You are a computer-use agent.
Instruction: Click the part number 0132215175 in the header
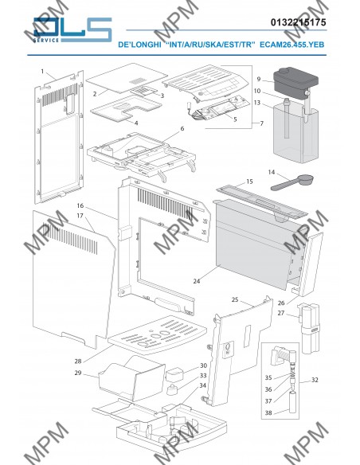pyautogui.click(x=298, y=22)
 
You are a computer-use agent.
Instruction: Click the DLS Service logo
pyautogui.click(x=72, y=30)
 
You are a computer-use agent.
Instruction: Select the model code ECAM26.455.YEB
pyautogui.click(x=292, y=45)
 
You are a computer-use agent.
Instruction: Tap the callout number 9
pyautogui.click(x=259, y=79)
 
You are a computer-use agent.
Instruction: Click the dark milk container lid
pyautogui.click(x=295, y=80)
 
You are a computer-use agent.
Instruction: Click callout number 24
pyautogui.click(x=197, y=281)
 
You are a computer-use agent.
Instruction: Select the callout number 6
pyautogui.click(x=182, y=128)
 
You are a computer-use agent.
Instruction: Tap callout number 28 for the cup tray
pyautogui.click(x=78, y=361)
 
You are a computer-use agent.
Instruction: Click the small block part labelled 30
pyautogui.click(x=174, y=374)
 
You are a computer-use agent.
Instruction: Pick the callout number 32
pyautogui.click(x=315, y=380)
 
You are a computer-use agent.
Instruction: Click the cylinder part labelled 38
pyautogui.click(x=292, y=402)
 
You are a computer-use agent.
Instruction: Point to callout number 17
pyautogui.click(x=80, y=216)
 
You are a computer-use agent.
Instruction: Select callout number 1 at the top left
pyautogui.click(x=42, y=71)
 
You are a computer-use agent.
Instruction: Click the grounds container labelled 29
pyautogui.click(x=131, y=379)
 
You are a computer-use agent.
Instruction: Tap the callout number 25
pyautogui.click(x=235, y=299)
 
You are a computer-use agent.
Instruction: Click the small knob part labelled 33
pyautogui.click(x=171, y=389)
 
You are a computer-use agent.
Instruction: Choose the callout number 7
pyautogui.click(x=261, y=123)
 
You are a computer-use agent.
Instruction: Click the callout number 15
pyautogui.click(x=249, y=182)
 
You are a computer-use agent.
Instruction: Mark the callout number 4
pyautogui.click(x=136, y=123)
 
